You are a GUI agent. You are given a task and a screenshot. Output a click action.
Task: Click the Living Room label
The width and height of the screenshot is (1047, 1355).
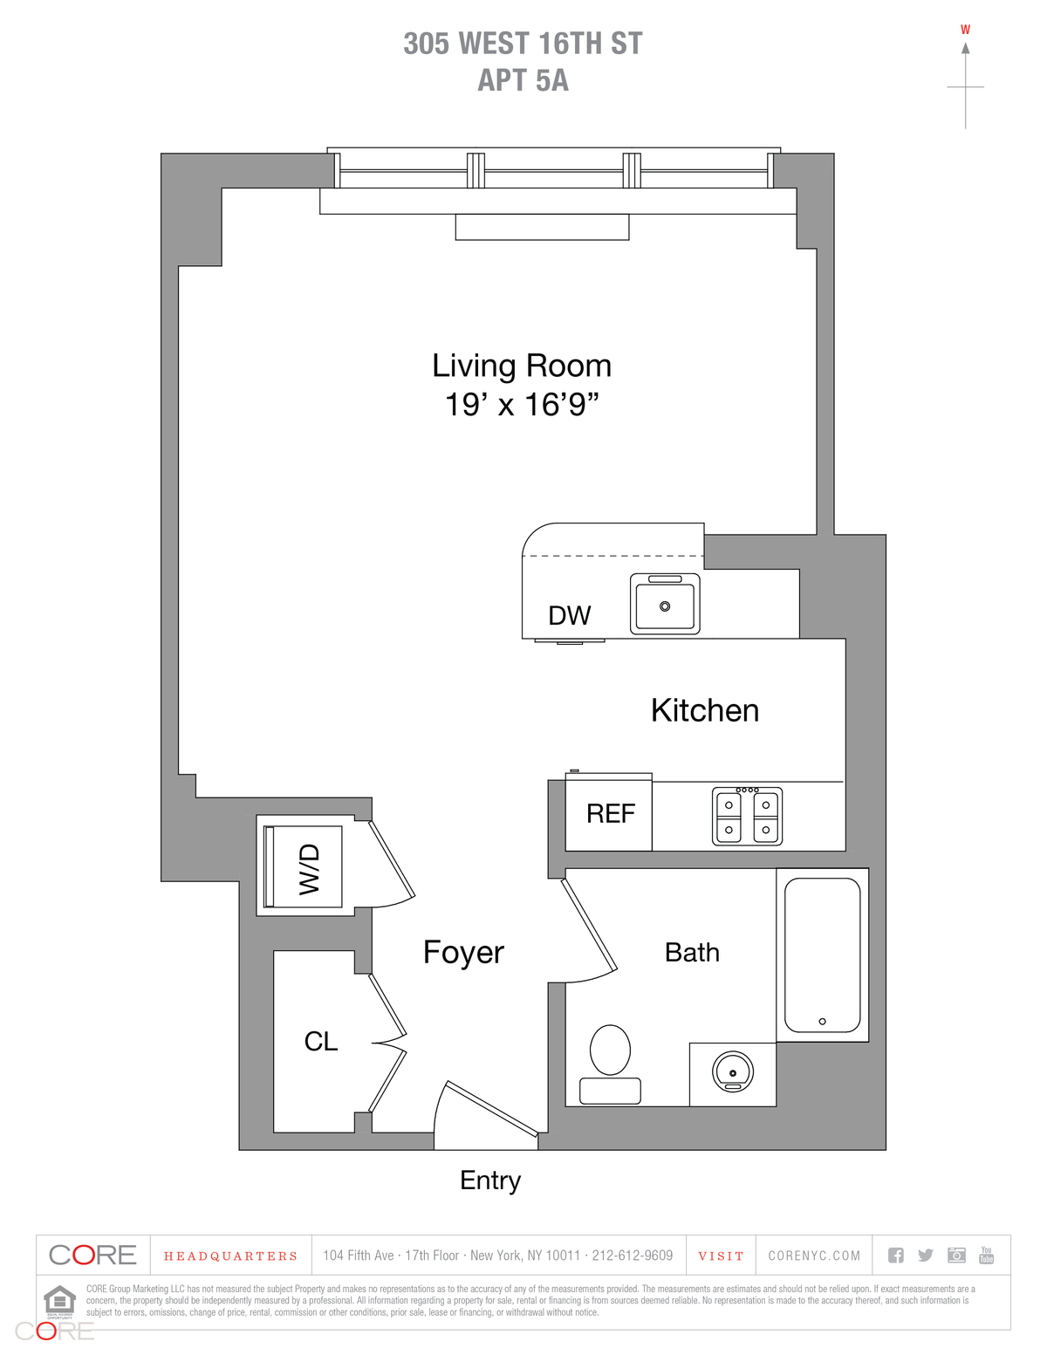pos(522,366)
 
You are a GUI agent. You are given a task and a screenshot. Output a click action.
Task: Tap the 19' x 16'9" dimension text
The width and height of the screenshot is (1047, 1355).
pos(522,405)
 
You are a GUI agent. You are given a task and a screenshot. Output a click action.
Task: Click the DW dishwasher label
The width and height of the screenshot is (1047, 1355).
pos(569,616)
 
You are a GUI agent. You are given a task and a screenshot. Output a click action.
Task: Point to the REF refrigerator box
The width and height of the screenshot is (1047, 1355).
pos(609,814)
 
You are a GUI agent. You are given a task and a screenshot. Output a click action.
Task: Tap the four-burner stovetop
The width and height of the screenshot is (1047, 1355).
pos(748,817)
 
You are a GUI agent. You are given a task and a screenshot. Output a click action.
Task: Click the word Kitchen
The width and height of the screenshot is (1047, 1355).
pos(705,711)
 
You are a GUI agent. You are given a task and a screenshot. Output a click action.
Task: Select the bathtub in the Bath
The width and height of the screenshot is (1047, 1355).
pos(822,955)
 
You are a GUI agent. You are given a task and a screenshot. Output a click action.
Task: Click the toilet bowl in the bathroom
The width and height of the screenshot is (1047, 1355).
pos(610,1050)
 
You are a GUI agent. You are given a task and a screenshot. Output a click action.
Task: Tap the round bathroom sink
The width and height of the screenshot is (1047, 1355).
pos(733,1072)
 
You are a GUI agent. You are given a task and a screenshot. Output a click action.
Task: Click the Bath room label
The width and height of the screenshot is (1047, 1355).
pos(692,953)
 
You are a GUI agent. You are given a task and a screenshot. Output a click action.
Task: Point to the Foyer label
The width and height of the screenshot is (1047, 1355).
pos(463,952)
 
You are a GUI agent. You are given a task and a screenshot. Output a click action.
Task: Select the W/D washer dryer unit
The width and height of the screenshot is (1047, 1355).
pos(305,867)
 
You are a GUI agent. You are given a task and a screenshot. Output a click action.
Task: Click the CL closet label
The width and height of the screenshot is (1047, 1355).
pos(320,1042)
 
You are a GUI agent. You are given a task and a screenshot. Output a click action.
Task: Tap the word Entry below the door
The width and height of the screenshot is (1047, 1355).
pos(490,1180)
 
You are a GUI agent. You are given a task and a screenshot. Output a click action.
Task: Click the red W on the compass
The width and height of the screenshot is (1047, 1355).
pos(965,30)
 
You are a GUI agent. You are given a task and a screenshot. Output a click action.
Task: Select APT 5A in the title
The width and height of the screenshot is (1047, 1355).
pos(523,80)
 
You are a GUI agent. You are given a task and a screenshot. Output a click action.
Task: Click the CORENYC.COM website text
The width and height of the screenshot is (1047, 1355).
pos(814,1256)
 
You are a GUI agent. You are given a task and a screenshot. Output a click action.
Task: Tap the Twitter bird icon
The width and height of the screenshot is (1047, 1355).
pos(926,1256)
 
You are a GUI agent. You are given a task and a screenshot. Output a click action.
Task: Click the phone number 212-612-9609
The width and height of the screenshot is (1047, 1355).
pos(633,1256)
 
